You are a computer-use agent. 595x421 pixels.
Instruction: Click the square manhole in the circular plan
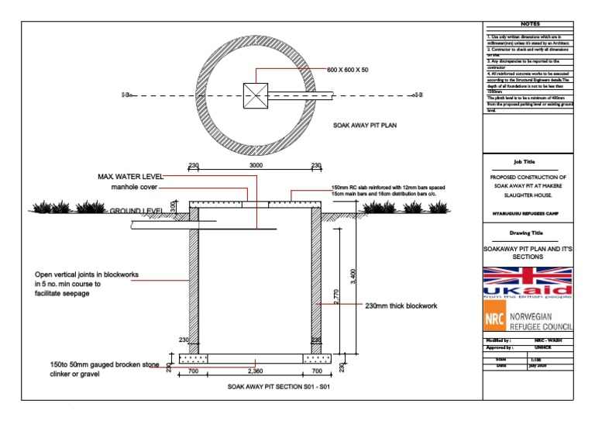(256, 95)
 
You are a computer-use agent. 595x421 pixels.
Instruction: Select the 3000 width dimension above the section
(256, 166)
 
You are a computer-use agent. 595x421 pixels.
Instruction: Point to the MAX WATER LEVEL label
(130, 177)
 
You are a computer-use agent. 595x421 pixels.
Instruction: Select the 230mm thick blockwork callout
(401, 306)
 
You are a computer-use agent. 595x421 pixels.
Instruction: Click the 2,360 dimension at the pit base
(256, 371)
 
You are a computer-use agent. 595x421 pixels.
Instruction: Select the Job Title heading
(524, 162)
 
